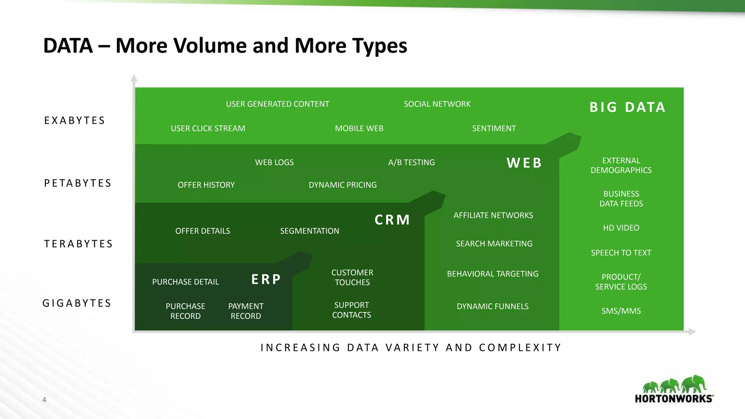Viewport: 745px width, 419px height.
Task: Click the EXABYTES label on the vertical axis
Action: point(75,120)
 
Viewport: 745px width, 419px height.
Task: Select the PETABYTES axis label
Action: point(77,183)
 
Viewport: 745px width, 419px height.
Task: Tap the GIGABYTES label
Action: point(77,303)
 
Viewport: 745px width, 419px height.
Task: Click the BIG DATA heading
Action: point(628,107)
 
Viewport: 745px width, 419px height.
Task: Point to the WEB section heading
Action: point(524,163)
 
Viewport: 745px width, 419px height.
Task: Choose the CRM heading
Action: point(392,220)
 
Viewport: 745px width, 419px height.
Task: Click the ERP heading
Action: point(266,279)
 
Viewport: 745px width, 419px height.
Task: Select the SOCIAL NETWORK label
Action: point(437,104)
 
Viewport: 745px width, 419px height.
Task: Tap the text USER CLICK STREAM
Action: point(208,128)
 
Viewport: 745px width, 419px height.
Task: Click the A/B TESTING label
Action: point(411,162)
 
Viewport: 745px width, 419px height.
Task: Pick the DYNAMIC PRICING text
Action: point(342,185)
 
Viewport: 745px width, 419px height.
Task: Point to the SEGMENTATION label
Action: point(309,231)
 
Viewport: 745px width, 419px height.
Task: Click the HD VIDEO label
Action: point(621,228)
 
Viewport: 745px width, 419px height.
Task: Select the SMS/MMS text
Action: point(621,311)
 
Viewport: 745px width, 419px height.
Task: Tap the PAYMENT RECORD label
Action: point(246,311)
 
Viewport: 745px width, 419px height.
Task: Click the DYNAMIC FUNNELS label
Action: point(493,306)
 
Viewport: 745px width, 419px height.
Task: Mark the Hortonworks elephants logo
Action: point(674,385)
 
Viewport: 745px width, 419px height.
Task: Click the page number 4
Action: point(44,400)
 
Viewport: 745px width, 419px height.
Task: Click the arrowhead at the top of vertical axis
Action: point(134,77)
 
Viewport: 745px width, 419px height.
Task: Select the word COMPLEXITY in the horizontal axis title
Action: point(520,348)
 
